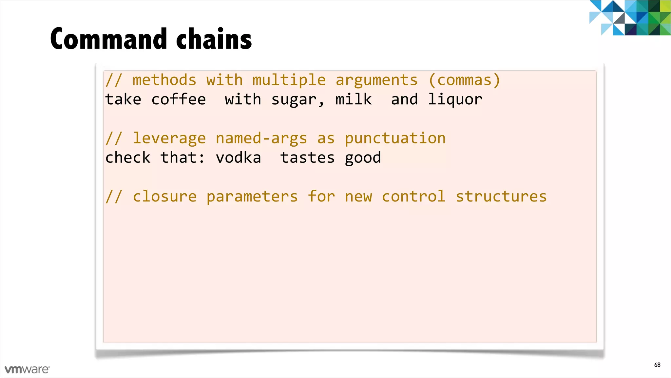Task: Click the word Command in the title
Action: click(x=109, y=39)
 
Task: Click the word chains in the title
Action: click(x=214, y=39)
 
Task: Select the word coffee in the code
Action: click(x=179, y=99)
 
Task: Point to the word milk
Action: click(x=354, y=99)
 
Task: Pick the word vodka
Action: click(x=238, y=158)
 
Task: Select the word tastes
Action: click(x=307, y=158)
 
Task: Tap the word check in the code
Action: click(x=128, y=158)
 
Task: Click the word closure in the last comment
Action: click(x=165, y=197)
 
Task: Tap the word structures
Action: click(x=501, y=197)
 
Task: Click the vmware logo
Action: click(x=27, y=369)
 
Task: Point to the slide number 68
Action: click(x=657, y=365)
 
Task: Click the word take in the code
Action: click(x=123, y=99)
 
